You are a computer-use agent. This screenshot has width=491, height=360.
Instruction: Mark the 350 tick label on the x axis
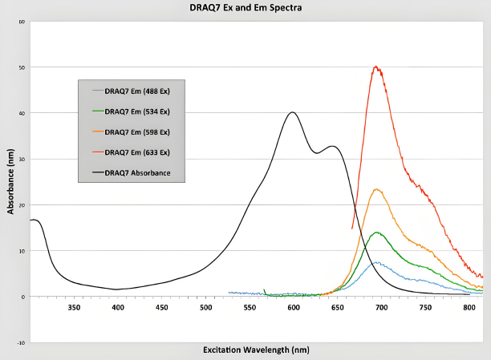pos(74,307)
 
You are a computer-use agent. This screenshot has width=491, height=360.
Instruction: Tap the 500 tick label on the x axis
pos(206,307)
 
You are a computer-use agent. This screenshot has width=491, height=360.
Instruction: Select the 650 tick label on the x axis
pos(337,307)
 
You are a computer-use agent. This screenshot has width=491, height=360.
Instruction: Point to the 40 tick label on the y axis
pos(22,113)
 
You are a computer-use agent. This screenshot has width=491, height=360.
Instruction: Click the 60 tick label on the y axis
pos(22,22)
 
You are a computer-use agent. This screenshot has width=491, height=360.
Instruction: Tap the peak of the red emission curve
pos(375,67)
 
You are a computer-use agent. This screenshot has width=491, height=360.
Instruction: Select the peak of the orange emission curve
pos(377,189)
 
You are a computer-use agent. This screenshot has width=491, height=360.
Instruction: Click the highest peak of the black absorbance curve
pos(293,112)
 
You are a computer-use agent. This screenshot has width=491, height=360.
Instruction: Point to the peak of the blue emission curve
pos(377,262)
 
